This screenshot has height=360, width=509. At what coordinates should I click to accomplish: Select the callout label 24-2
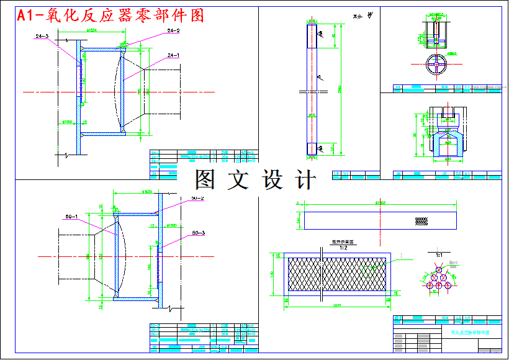click(173, 30)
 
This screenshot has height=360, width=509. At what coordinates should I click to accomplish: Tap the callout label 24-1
click(173, 55)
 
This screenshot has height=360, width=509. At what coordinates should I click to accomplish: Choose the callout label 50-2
click(198, 199)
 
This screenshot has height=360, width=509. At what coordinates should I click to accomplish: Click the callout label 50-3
click(199, 232)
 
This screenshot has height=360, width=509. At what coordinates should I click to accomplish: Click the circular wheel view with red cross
click(438, 65)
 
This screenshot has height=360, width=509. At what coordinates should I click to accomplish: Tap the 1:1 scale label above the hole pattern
click(439, 254)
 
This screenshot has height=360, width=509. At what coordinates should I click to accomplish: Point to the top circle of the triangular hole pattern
click(439, 270)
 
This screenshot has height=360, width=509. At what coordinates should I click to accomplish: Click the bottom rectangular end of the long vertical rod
click(312, 149)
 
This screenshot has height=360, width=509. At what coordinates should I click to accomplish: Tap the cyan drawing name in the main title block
click(470, 333)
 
